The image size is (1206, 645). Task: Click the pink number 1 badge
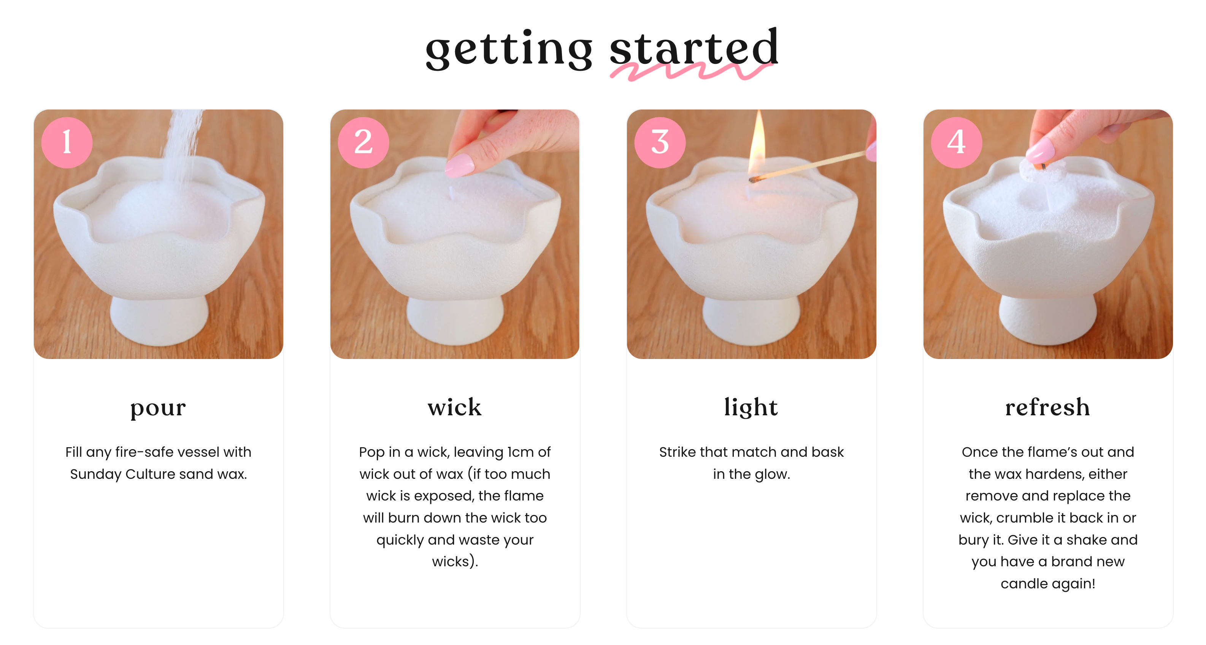tap(67, 142)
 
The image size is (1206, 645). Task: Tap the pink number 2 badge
tap(363, 142)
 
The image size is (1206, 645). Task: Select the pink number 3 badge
tap(660, 142)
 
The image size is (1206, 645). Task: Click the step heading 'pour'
tap(158, 408)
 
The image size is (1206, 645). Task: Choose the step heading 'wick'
tap(455, 407)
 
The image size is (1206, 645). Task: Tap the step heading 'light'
tap(751, 407)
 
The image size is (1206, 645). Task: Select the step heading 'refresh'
tap(1048, 407)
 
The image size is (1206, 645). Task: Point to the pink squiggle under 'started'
tap(690, 71)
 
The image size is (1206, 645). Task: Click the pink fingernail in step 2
tap(460, 166)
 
